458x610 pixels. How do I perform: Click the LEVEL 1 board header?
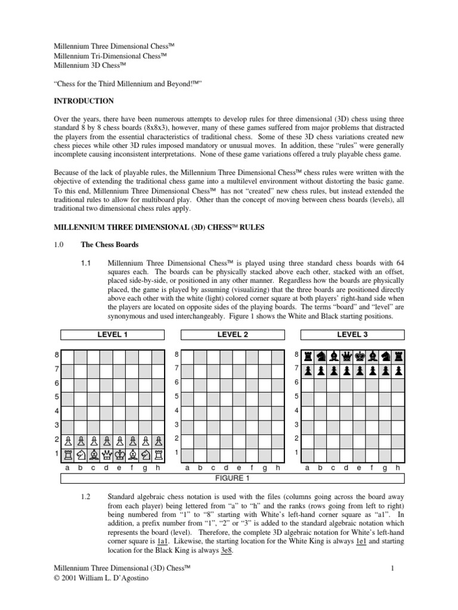click(113, 335)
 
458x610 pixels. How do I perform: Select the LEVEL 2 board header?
click(233, 335)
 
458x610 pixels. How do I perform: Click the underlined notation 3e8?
click(226, 551)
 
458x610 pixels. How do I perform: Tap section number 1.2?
click(86, 497)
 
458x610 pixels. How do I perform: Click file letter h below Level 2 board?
click(278, 468)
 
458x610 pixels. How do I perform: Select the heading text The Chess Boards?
click(111, 244)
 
